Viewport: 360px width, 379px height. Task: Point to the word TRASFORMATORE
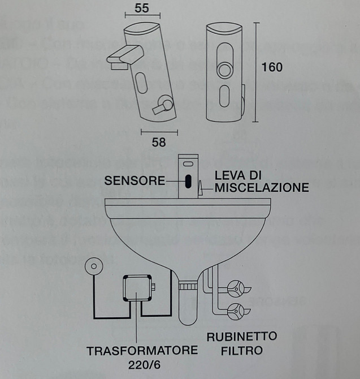tap(142, 351)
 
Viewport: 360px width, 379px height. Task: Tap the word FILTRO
tap(242, 350)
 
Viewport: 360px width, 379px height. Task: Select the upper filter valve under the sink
tap(237, 289)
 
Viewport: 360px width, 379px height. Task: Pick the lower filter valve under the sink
tap(237, 309)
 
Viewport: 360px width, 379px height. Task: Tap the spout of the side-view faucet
tap(120, 57)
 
